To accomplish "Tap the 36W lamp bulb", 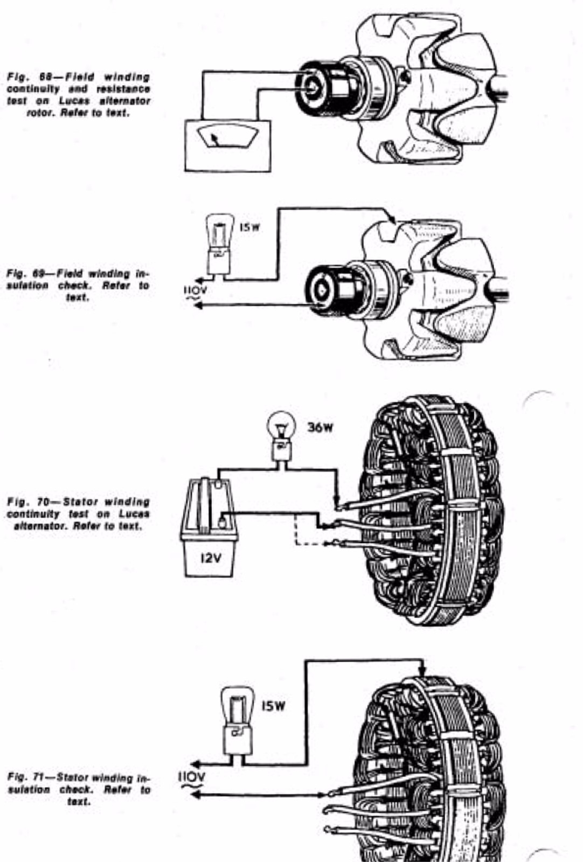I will tap(281, 426).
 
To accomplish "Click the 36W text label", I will tap(320, 428).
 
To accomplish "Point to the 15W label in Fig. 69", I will tap(249, 227).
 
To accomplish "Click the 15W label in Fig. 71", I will tap(273, 706).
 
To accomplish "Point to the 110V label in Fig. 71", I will tap(191, 776).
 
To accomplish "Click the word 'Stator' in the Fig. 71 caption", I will tap(73, 777).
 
